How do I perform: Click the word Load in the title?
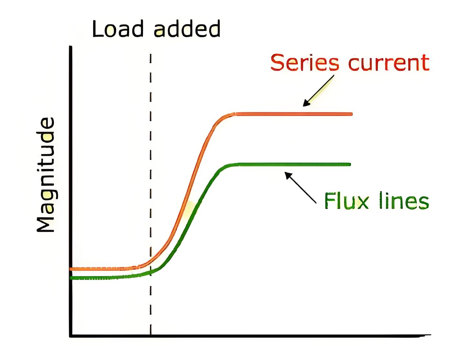pyautogui.click(x=118, y=29)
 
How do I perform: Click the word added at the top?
pyautogui.click(x=187, y=29)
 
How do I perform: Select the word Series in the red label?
pyautogui.click(x=305, y=62)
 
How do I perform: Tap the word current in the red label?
pyautogui.click(x=389, y=63)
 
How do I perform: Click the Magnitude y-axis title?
pyautogui.click(x=45, y=175)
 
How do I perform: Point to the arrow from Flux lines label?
pyautogui.click(x=300, y=187)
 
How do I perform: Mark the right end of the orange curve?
pyautogui.click(x=352, y=114)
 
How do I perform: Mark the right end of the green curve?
pyautogui.click(x=350, y=165)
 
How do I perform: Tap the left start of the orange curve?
pyautogui.click(x=70, y=269)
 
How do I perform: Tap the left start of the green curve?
pyautogui.click(x=71, y=278)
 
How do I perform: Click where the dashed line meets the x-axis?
pyautogui.click(x=151, y=336)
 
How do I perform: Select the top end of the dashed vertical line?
pyautogui.click(x=151, y=54)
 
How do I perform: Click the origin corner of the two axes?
pyautogui.click(x=71, y=336)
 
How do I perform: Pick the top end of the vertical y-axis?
pyautogui.click(x=71, y=46)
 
